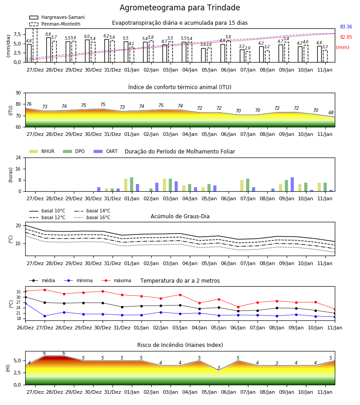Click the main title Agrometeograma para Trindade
coord(180,8)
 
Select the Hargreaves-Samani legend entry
coord(57,17)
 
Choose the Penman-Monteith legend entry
coord(55,24)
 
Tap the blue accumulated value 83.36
coord(346,27)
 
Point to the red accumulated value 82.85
coord(346,37)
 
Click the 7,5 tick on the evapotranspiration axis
coord(17,34)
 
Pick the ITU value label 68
coord(331,112)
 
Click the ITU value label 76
coord(29,104)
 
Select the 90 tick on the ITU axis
coord(18,93)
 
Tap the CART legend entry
coord(106,151)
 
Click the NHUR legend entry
coord(42,151)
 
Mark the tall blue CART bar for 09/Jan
coord(292,184)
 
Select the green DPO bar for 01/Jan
coord(132,184)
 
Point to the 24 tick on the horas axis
coord(18,158)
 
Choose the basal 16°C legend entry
coord(92,217)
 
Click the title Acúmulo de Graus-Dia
coord(180,216)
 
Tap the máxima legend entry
coord(116,280)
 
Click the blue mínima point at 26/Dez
coord(25,303)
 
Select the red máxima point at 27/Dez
coord(45,290)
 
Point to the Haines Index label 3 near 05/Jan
coord(219,368)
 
